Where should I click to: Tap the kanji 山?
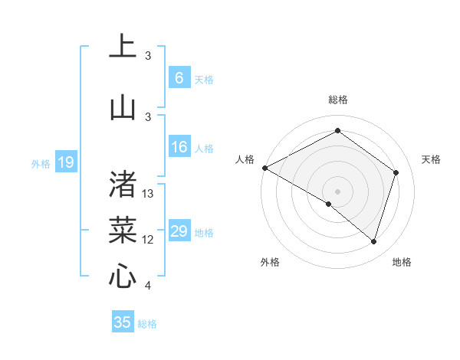pyautogui.click(x=123, y=106)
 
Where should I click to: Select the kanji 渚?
pyautogui.click(x=123, y=183)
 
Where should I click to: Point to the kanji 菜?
pyautogui.click(x=123, y=229)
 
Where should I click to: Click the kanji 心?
pyautogui.click(x=123, y=275)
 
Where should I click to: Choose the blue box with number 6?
pyautogui.click(x=179, y=78)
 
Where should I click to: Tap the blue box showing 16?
pyautogui.click(x=179, y=147)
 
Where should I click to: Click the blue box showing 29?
pyautogui.click(x=179, y=231)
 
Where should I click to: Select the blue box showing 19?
pyautogui.click(x=66, y=162)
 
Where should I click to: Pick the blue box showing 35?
pyautogui.click(x=123, y=322)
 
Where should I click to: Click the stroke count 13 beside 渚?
pyautogui.click(x=148, y=194)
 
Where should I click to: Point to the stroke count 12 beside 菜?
pyautogui.click(x=148, y=240)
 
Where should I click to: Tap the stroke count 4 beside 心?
pyautogui.click(x=148, y=286)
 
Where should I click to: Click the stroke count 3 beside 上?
pyautogui.click(x=148, y=56)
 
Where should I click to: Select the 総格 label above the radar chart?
pyautogui.click(x=337, y=100)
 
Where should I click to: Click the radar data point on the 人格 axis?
pyautogui.click(x=264, y=168)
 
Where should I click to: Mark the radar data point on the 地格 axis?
pyautogui.click(x=373, y=241)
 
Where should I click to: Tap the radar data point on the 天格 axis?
pyautogui.click(x=396, y=172)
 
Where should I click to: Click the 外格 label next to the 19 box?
pyautogui.click(x=40, y=163)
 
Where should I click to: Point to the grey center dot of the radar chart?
pyautogui.click(x=337, y=190)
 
